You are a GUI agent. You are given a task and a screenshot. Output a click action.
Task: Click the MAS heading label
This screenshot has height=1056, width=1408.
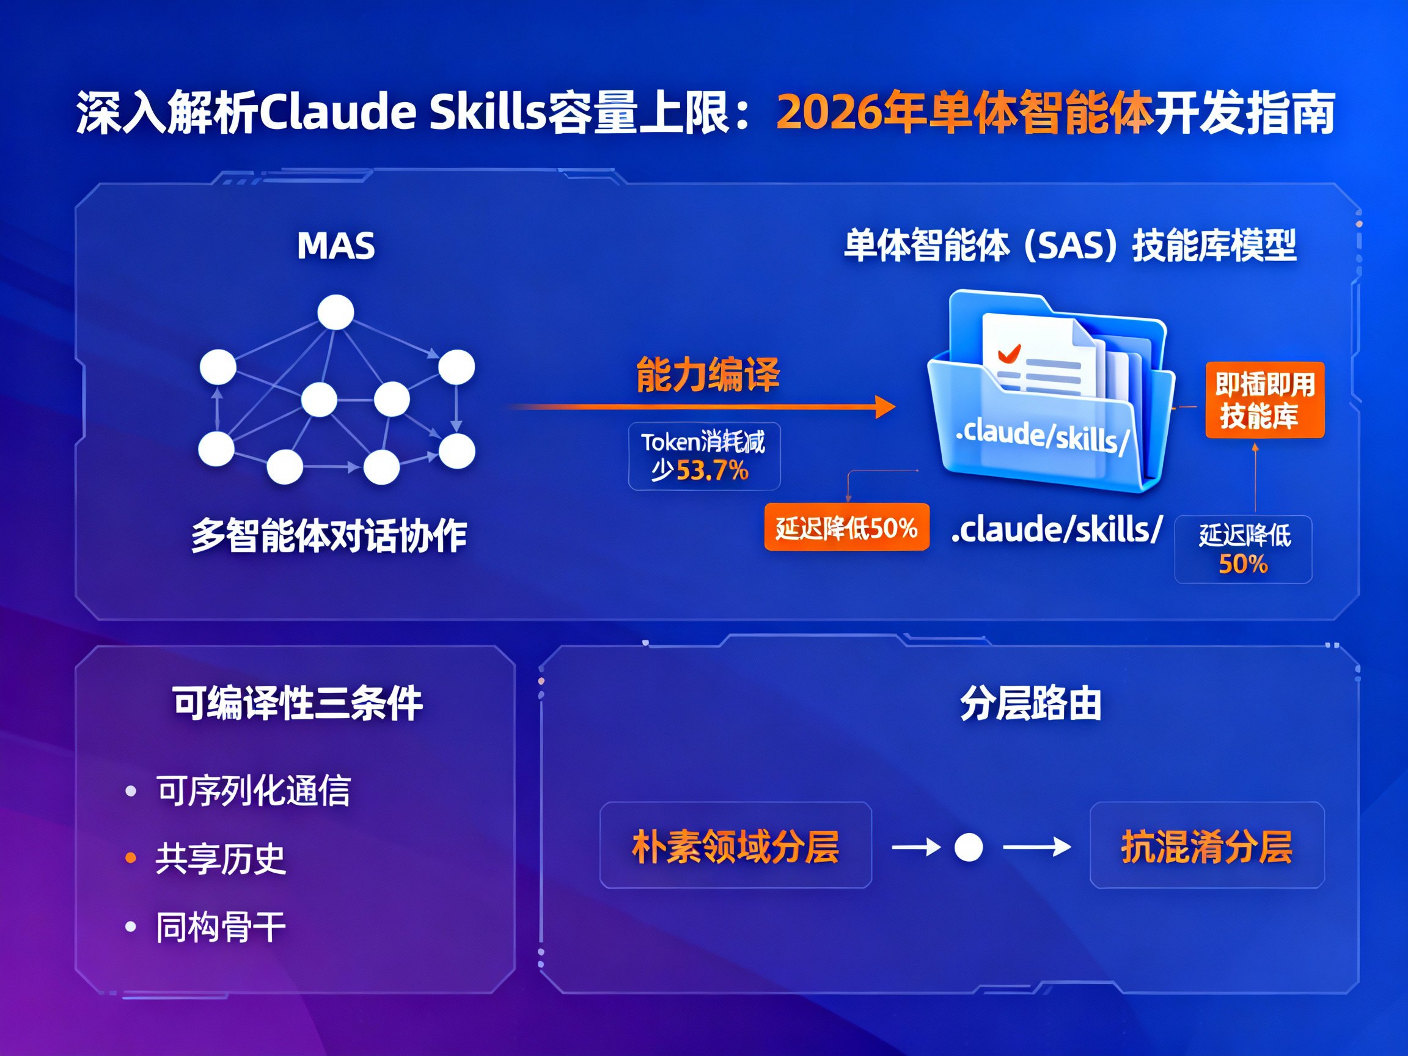pos(336,246)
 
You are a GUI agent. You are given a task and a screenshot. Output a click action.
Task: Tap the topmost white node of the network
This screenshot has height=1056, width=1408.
pos(335,312)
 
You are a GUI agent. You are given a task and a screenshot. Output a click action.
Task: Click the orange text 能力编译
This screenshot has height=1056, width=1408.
pos(708,375)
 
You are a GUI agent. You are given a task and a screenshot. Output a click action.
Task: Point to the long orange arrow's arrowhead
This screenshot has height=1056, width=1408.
pos(886,407)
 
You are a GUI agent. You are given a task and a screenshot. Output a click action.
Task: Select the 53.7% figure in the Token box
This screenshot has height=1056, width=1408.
pos(711,471)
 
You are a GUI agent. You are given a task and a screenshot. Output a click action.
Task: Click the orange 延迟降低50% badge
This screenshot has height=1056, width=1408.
pos(846,527)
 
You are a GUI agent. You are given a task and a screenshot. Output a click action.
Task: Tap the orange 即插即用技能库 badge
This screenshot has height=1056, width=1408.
pos(1265,400)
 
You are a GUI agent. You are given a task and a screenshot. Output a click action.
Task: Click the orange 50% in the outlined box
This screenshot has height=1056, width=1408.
pos(1243,564)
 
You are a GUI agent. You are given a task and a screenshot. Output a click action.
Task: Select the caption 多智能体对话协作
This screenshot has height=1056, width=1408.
pos(329,535)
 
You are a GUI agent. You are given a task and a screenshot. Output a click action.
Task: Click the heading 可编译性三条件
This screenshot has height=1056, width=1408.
pos(297,703)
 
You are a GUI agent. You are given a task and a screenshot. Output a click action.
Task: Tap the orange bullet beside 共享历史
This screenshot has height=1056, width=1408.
pos(131,859)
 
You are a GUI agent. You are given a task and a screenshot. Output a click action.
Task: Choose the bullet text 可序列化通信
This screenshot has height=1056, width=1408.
pos(254,791)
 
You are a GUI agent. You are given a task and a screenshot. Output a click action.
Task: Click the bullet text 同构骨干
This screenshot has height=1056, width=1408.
pos(221,927)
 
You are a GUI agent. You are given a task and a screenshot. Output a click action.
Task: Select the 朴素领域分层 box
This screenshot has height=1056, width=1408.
pos(735,845)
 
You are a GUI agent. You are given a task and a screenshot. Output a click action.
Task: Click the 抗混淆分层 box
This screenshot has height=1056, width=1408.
pos(1207,845)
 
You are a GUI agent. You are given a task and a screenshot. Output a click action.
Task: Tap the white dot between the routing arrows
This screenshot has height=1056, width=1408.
pos(969,847)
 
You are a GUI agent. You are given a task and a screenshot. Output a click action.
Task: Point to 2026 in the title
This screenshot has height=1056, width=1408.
pos(828,112)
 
